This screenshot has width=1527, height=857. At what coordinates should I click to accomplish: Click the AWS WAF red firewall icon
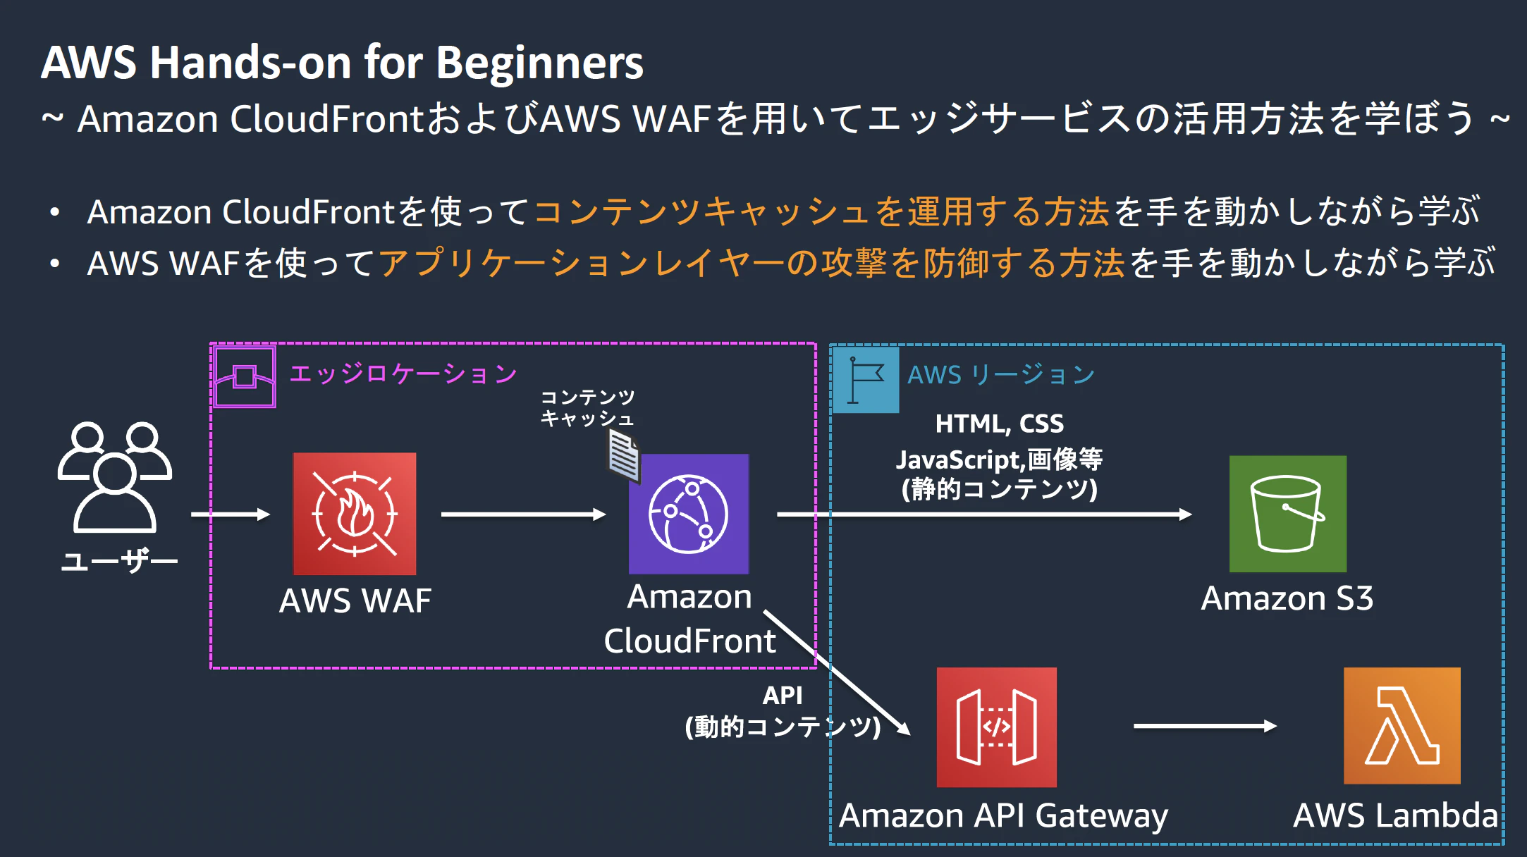(x=355, y=514)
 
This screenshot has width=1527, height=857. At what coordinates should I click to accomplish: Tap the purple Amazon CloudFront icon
(x=689, y=514)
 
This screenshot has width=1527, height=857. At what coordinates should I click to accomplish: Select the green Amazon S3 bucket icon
(x=1288, y=514)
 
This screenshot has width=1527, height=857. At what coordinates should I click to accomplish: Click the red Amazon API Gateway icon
(x=997, y=727)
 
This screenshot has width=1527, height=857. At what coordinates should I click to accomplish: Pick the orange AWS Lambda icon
(x=1402, y=726)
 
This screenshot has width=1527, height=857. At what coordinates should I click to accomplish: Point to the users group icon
(x=115, y=477)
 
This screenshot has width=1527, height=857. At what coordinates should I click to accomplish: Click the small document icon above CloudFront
(x=624, y=456)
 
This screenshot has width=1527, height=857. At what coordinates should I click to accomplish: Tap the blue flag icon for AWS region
(x=866, y=380)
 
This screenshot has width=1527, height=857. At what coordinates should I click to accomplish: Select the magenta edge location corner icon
(x=244, y=376)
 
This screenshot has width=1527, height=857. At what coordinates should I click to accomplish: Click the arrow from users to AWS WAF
(x=231, y=514)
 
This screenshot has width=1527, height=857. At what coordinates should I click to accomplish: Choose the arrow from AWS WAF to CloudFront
(x=524, y=514)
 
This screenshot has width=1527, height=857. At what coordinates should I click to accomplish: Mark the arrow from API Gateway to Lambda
(x=1206, y=726)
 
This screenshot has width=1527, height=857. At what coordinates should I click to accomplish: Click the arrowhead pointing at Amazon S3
(x=1186, y=514)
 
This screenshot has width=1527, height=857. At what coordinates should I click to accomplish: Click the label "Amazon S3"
(x=1287, y=598)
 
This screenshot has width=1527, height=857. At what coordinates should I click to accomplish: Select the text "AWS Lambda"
(x=1396, y=815)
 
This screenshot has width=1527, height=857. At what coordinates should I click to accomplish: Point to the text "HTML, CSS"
(x=1000, y=424)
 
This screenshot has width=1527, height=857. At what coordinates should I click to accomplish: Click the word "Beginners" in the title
(x=539, y=63)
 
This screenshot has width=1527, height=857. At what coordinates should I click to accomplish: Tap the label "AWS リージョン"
(x=1001, y=374)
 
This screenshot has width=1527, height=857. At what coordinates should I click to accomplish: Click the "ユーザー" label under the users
(x=119, y=562)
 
